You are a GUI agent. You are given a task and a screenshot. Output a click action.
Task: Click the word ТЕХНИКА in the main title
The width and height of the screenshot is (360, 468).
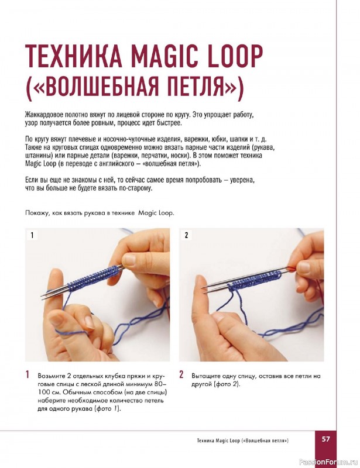point(74,56)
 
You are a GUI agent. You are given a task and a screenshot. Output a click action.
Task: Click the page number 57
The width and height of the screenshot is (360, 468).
point(325,439)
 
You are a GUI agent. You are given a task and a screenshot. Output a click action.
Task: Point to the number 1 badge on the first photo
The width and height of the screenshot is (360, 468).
point(32,235)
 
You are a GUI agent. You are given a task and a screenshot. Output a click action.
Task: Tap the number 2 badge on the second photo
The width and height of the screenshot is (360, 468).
point(186,235)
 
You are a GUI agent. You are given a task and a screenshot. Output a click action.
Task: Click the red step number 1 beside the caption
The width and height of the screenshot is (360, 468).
point(28,374)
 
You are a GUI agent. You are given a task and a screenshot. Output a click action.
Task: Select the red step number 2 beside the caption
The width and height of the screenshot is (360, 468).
point(181,374)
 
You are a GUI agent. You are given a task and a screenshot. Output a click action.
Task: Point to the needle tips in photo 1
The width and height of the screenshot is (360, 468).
point(45,295)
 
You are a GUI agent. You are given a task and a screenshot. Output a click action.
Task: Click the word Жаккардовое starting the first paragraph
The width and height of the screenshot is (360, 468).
point(42,115)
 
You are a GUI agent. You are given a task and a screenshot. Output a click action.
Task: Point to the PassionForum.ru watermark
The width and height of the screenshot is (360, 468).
point(328,462)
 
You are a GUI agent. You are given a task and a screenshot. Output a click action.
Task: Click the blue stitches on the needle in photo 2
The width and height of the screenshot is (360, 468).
point(254,281)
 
